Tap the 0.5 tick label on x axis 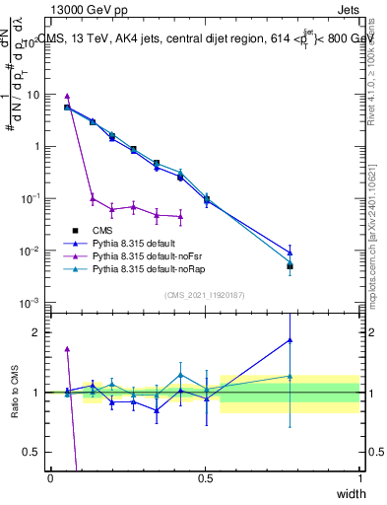(205, 478)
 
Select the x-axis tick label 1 (360, 478)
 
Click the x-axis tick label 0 (50, 478)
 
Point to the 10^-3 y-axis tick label (32, 302)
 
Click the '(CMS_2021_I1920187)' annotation (205, 294)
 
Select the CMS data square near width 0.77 (290, 266)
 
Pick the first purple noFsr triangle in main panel (67, 97)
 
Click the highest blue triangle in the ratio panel (290, 340)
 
